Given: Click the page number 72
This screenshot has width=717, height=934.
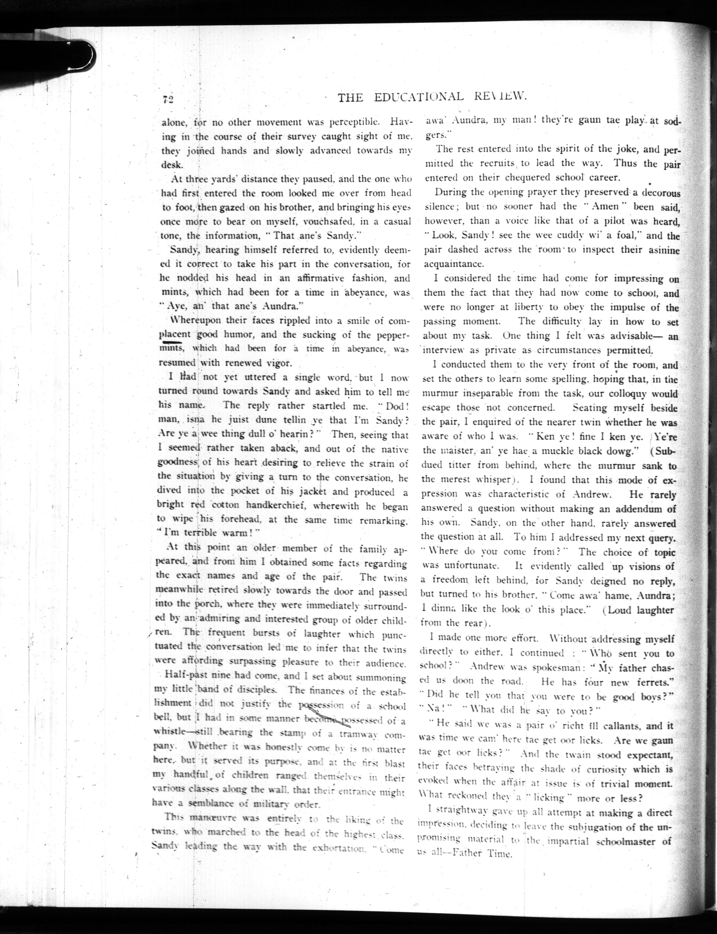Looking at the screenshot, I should tap(167, 99).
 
